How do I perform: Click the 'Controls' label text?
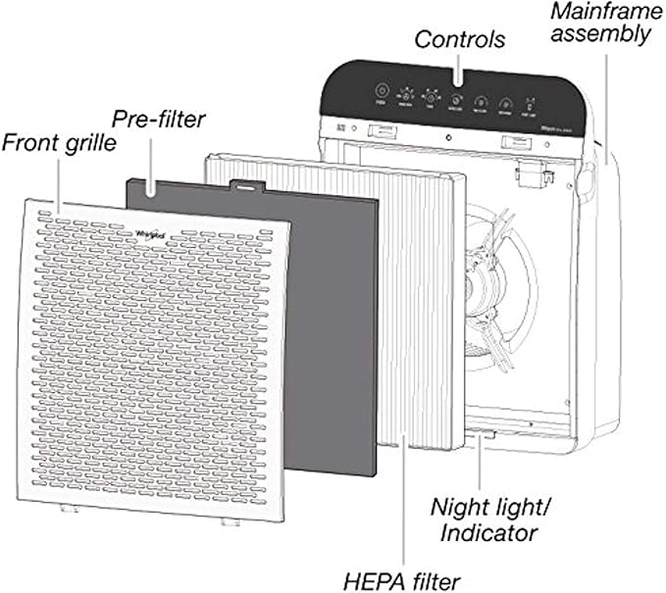point(460,40)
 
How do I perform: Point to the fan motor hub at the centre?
point(483,285)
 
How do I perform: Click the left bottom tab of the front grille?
point(69,509)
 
